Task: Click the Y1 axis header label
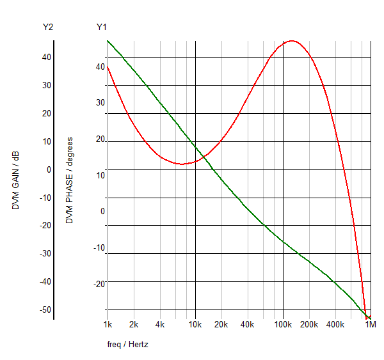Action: coord(102,27)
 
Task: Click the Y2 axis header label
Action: coord(48,27)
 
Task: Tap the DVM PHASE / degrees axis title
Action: coord(70,180)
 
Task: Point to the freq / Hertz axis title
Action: coord(128,345)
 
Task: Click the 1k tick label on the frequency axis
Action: coord(108,325)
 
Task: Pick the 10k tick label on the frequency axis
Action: coord(195,325)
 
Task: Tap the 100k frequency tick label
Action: coord(283,325)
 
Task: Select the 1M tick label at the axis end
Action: coord(371,325)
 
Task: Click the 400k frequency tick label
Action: coord(335,325)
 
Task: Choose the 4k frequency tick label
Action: coord(160,325)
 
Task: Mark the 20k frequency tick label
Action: coord(221,325)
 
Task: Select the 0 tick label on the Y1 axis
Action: coord(102,212)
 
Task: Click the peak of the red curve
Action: coord(292,41)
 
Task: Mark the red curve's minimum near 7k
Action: coord(182,164)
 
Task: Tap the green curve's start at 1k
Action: coord(108,41)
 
